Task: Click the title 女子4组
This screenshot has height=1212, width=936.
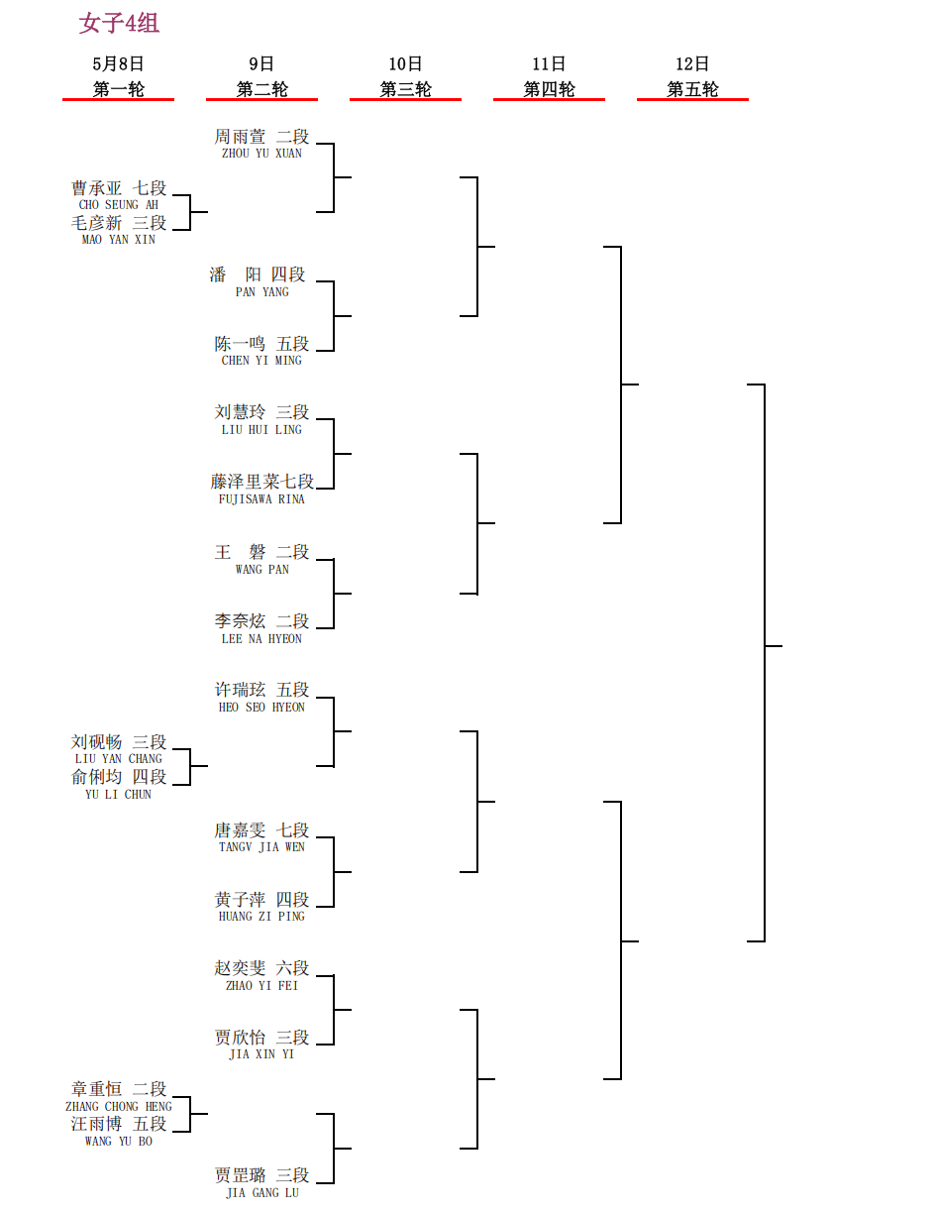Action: [x=119, y=24]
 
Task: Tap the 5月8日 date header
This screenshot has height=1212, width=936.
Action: [x=118, y=64]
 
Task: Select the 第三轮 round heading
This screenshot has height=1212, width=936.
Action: [x=405, y=89]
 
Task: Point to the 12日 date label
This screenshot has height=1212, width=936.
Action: [x=691, y=64]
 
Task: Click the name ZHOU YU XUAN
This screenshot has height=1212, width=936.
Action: [x=261, y=154]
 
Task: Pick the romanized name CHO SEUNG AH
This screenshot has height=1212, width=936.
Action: [x=118, y=205]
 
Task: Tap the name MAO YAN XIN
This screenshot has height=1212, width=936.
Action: [x=118, y=239]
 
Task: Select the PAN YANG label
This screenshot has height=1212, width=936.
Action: [x=262, y=291]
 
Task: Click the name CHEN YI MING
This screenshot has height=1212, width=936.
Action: [x=261, y=361]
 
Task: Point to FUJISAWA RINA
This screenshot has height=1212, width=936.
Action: [x=261, y=498]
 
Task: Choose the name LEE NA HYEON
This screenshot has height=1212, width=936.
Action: [x=261, y=638]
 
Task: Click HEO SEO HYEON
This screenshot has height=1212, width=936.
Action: [x=261, y=707]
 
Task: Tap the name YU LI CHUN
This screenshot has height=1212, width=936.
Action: [x=118, y=794]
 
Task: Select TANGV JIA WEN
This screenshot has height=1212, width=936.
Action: [x=261, y=846]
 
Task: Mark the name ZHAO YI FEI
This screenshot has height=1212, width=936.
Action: [x=261, y=985]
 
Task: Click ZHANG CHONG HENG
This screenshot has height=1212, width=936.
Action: [x=118, y=1106]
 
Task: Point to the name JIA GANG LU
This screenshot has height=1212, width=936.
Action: [x=262, y=1192]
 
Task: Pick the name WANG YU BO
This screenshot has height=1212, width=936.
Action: [x=118, y=1141]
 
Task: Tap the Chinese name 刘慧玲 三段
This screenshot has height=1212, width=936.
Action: [x=261, y=412]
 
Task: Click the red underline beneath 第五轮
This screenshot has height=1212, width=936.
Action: [x=692, y=99]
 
